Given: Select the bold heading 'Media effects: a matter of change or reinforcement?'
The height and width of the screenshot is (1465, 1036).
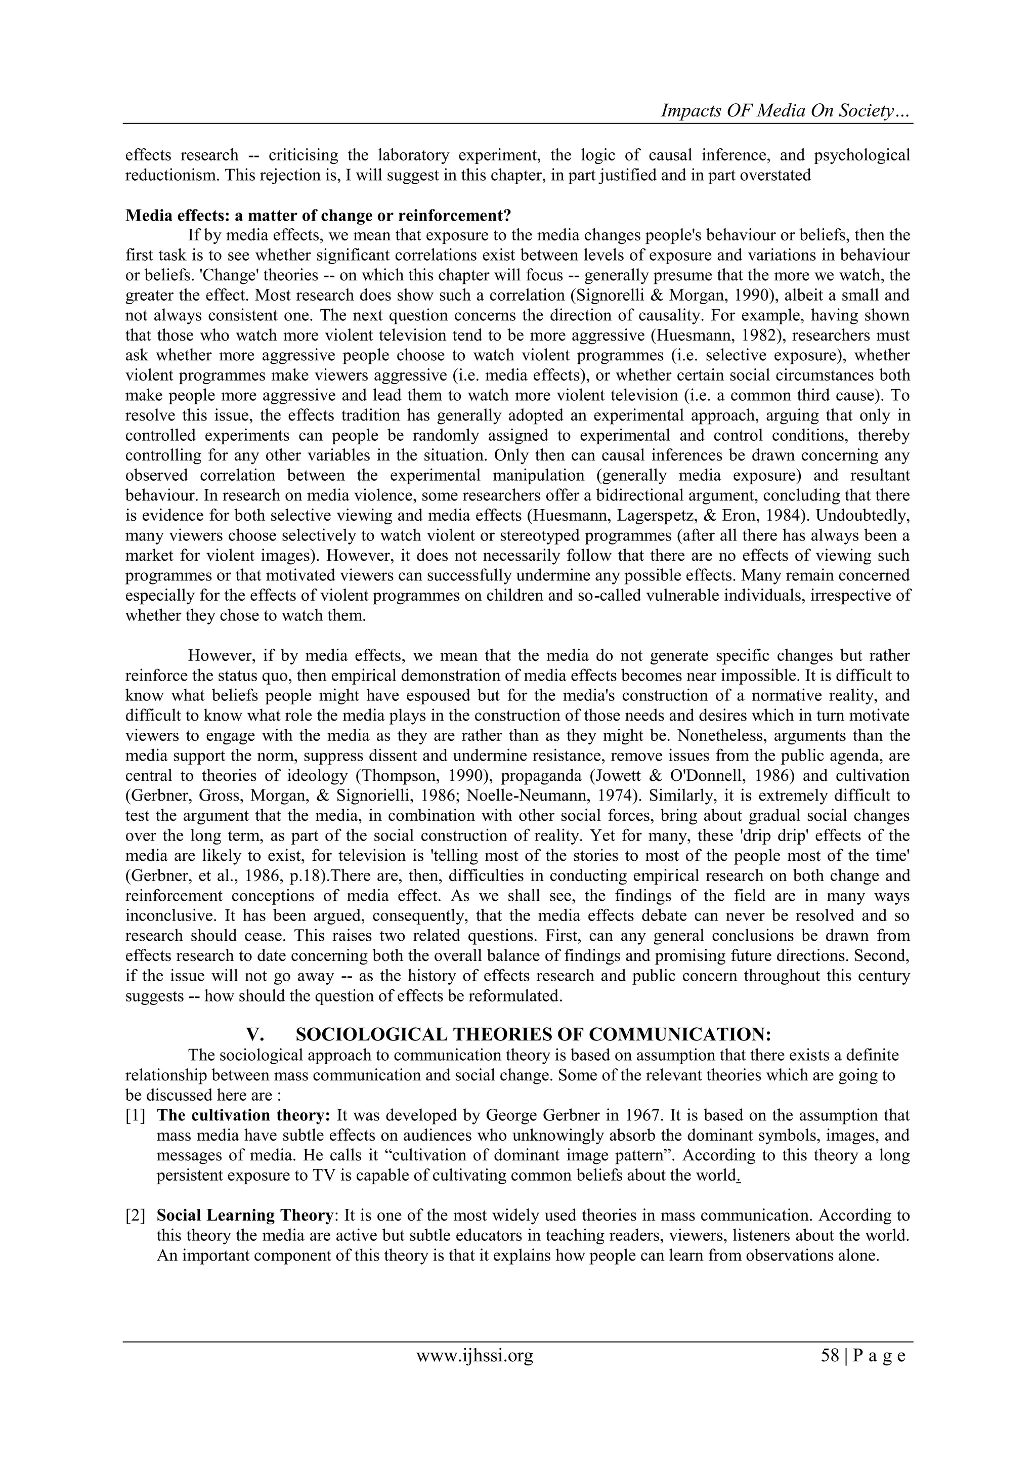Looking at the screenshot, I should [x=318, y=215].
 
